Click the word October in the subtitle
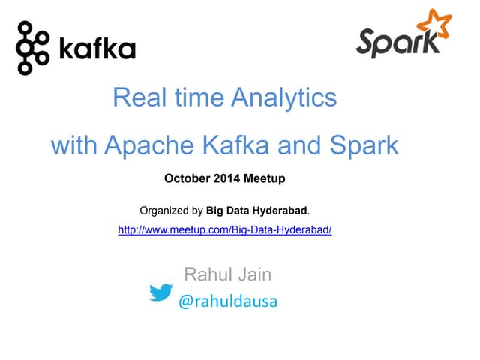184,179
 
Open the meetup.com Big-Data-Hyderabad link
224,230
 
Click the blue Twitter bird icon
161,292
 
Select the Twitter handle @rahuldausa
227,301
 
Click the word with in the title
73,145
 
